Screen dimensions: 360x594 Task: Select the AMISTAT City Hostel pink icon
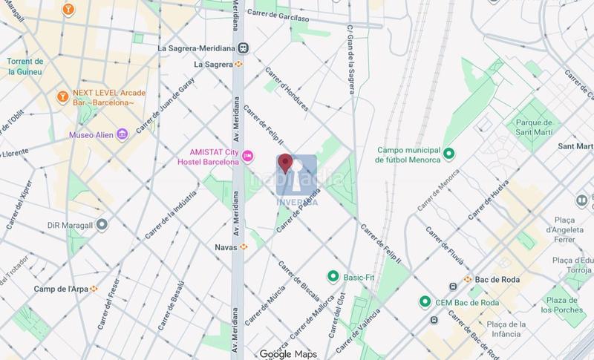(x=249, y=157)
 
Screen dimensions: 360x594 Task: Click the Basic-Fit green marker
(x=334, y=276)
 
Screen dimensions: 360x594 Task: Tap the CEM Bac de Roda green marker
(x=425, y=301)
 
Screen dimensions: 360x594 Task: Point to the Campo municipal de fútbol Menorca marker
(x=448, y=154)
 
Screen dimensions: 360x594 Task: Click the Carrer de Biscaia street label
(x=299, y=276)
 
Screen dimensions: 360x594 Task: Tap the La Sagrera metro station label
(x=214, y=65)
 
